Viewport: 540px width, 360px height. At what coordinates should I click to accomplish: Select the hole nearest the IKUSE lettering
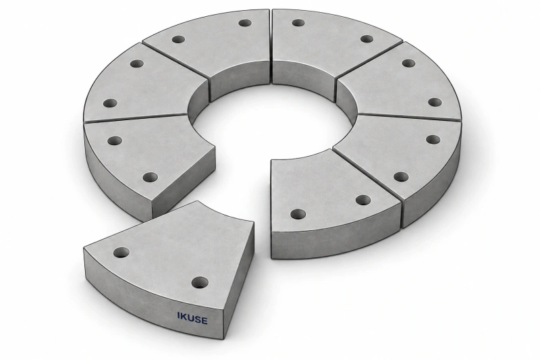pyautogui.click(x=200, y=283)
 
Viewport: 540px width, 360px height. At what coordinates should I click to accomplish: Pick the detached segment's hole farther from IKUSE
pyautogui.click(x=122, y=253)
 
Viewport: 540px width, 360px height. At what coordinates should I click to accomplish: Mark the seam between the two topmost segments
pyautogui.click(x=271, y=47)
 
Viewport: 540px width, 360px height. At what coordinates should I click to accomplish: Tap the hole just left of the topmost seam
pyautogui.click(x=245, y=23)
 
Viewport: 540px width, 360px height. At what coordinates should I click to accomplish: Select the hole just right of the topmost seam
pyautogui.click(x=298, y=23)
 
